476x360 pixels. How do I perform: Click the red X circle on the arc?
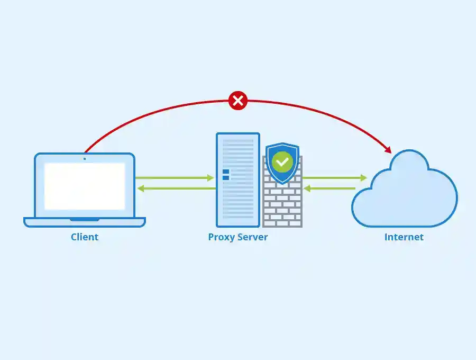tap(238, 100)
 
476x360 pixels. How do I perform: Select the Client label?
tap(85, 237)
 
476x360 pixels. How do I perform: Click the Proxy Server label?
tap(238, 237)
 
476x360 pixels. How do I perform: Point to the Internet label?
tap(404, 237)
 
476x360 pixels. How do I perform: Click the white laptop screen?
tap(85, 186)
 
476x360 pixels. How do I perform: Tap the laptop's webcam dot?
tap(85, 158)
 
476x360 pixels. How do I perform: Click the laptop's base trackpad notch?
tap(85, 219)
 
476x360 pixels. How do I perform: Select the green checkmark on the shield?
tap(282, 161)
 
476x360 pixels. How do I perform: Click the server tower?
tap(238, 180)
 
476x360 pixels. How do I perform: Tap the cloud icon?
tap(405, 191)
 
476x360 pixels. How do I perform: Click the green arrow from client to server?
tap(175, 178)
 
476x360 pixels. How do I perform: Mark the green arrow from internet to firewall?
tap(330, 188)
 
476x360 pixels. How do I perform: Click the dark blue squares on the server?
tap(226, 174)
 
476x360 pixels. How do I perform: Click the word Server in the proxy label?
tap(252, 237)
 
